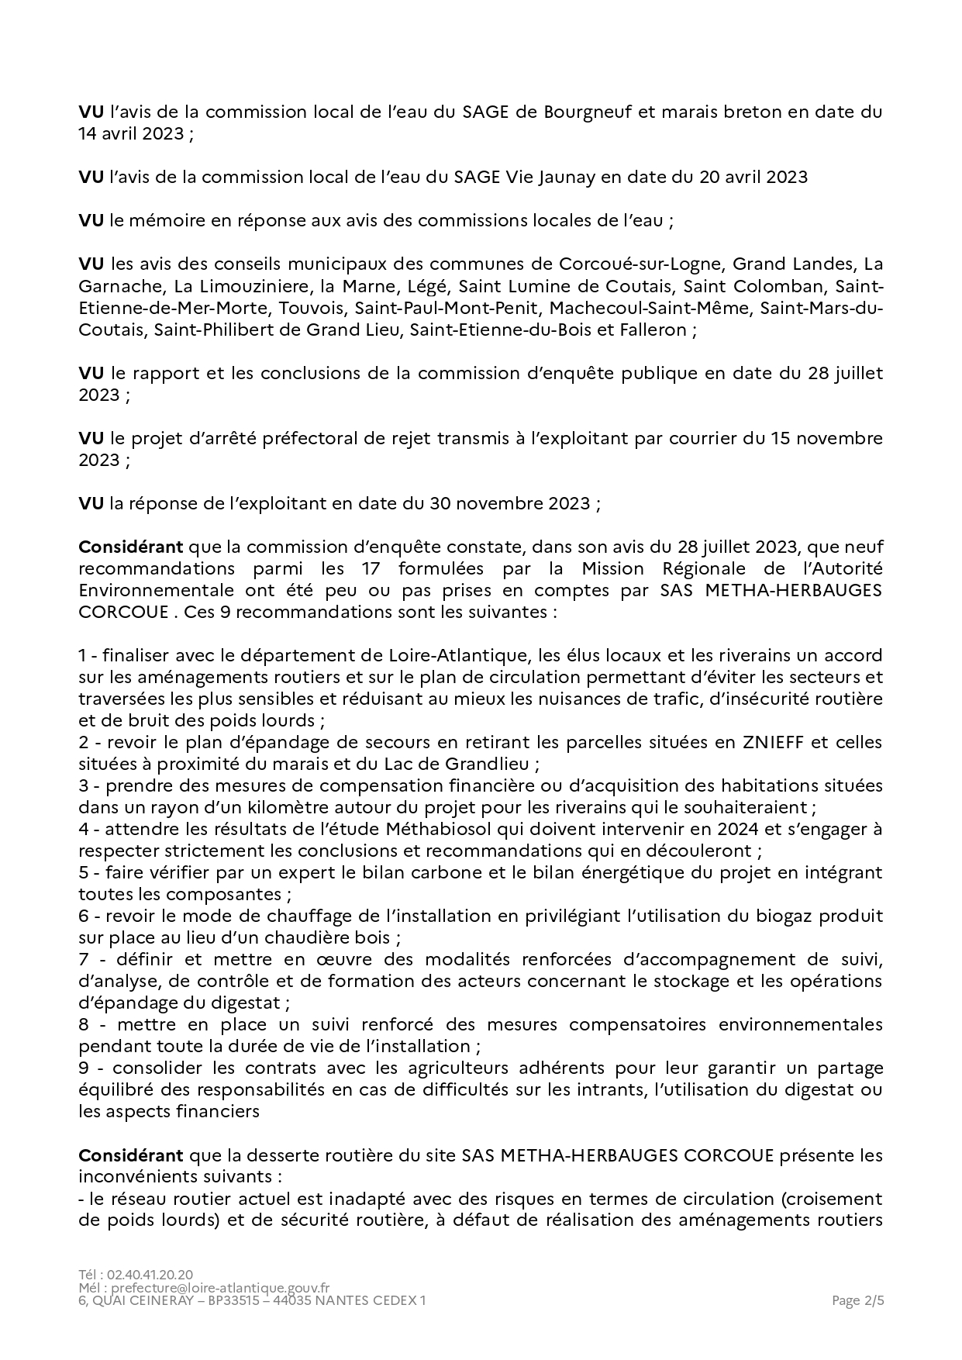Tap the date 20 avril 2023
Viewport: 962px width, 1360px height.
pyautogui.click(x=753, y=177)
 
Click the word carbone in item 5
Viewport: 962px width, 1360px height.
pyautogui.click(x=449, y=872)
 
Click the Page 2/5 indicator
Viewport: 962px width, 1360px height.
pyautogui.click(x=857, y=1300)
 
